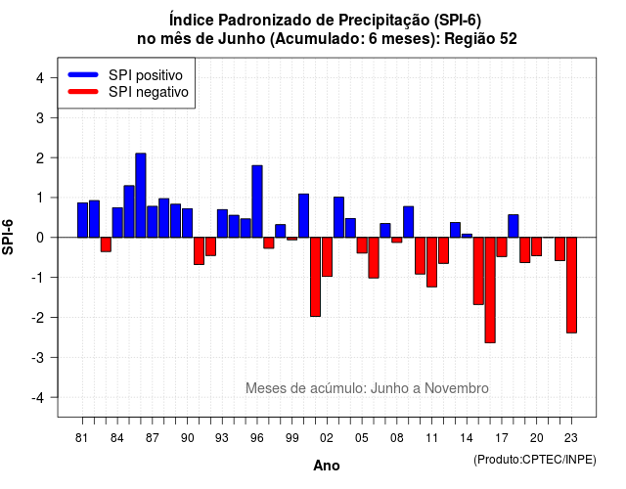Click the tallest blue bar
(141, 196)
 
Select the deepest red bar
(490, 289)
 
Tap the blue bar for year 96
(257, 201)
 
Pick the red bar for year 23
(571, 285)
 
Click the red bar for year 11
(431, 262)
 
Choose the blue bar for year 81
(82, 220)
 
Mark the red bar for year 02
(327, 256)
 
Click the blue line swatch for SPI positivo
(83, 74)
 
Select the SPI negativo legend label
(149, 92)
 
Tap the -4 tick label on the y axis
(38, 398)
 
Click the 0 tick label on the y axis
(40, 238)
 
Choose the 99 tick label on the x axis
(291, 438)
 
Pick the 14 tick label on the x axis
(467, 438)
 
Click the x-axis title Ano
(327, 466)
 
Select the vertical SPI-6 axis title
(8, 237)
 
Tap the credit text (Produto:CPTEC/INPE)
(535, 460)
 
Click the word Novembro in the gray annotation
(457, 388)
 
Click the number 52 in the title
(508, 39)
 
